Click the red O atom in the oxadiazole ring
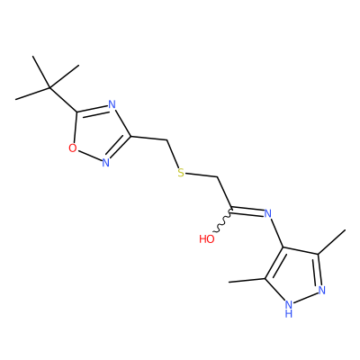(x=73, y=148)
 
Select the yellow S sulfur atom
(x=181, y=173)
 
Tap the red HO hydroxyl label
(x=207, y=239)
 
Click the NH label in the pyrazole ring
(x=289, y=309)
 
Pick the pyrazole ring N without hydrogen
(x=322, y=290)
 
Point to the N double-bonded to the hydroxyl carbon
(x=268, y=213)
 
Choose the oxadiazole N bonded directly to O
(x=105, y=162)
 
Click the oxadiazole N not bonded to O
(x=112, y=104)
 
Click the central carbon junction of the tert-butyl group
(x=49, y=88)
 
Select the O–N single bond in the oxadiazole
(x=89, y=155)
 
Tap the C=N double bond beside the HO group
(x=247, y=211)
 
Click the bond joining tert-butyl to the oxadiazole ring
(x=63, y=100)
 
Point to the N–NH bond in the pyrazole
(x=306, y=298)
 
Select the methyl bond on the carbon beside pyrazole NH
(x=247, y=281)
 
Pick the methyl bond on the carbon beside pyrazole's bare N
(x=331, y=242)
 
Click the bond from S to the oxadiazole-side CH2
(x=173, y=154)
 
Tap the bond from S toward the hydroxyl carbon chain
(x=201, y=175)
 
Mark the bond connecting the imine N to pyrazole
(x=276, y=233)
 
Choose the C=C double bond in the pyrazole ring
(x=274, y=264)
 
